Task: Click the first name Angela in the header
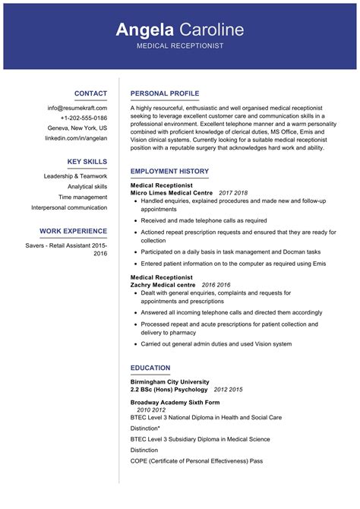pos(145,30)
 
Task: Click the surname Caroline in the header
pos(212,30)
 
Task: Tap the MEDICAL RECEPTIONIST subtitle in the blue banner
pos(180,47)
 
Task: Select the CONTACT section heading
pos(90,93)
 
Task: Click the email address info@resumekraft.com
pos(77,108)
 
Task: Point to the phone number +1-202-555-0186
pos(84,118)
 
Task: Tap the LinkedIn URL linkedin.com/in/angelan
pos(76,138)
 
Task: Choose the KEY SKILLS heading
pos(87,162)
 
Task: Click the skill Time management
pos(83,197)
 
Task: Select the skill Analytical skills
pos(87,186)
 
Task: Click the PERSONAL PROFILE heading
pos(164,93)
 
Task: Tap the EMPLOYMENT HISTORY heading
pos(169,172)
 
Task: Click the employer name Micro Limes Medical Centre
pos(172,193)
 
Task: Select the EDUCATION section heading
pos(150,368)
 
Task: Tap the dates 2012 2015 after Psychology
pos(228,390)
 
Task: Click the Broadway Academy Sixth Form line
pos(175,402)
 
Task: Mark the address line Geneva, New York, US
pos(77,128)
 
